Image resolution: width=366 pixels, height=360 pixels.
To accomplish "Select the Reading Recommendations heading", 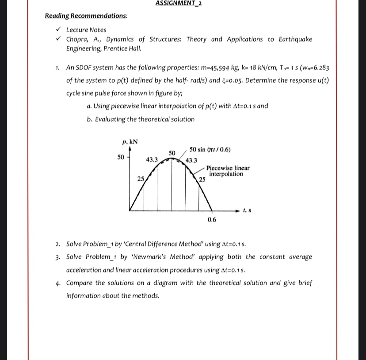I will [x=86, y=16].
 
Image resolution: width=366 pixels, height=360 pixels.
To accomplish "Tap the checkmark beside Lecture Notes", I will [x=58, y=30].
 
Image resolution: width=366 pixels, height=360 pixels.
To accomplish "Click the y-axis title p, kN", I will [x=130, y=142].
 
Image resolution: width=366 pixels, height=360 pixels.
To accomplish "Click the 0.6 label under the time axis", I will [x=212, y=220].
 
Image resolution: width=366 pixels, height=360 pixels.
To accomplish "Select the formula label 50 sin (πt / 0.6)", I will [x=210, y=149].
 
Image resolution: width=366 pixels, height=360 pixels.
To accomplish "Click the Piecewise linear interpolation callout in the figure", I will [x=227, y=171].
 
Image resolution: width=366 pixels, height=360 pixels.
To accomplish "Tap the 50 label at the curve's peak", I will [x=172, y=153].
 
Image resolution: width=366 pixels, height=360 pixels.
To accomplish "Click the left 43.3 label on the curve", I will [x=152, y=159].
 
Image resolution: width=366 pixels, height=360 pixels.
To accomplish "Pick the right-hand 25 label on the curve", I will [x=202, y=180].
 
